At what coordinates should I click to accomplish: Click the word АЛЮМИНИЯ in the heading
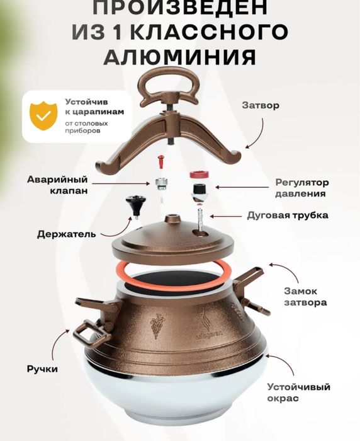tap(179, 57)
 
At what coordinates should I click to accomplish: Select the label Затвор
tap(259, 106)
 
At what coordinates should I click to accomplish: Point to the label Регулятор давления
tap(301, 188)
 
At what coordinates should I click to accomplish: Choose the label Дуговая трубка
tap(296, 215)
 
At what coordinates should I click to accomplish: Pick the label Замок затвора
tap(303, 297)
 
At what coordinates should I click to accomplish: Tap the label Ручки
tap(42, 369)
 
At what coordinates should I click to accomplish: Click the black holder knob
tap(133, 204)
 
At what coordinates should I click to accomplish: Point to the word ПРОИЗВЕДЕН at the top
tap(179, 8)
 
